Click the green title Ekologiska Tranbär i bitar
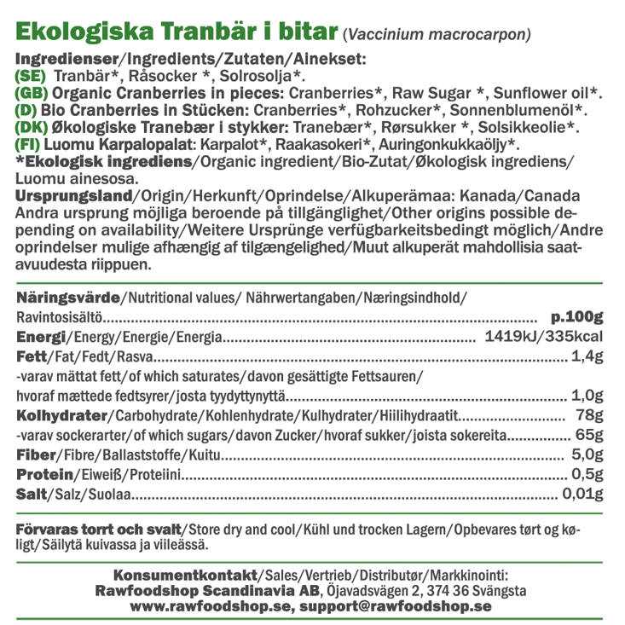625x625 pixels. click(177, 32)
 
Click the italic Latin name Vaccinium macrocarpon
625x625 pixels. click(437, 36)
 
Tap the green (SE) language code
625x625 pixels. click(32, 76)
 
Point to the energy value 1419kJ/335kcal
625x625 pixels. click(543, 337)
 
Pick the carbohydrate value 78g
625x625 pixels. click(589, 415)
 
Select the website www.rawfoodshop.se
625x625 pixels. click(210, 606)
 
